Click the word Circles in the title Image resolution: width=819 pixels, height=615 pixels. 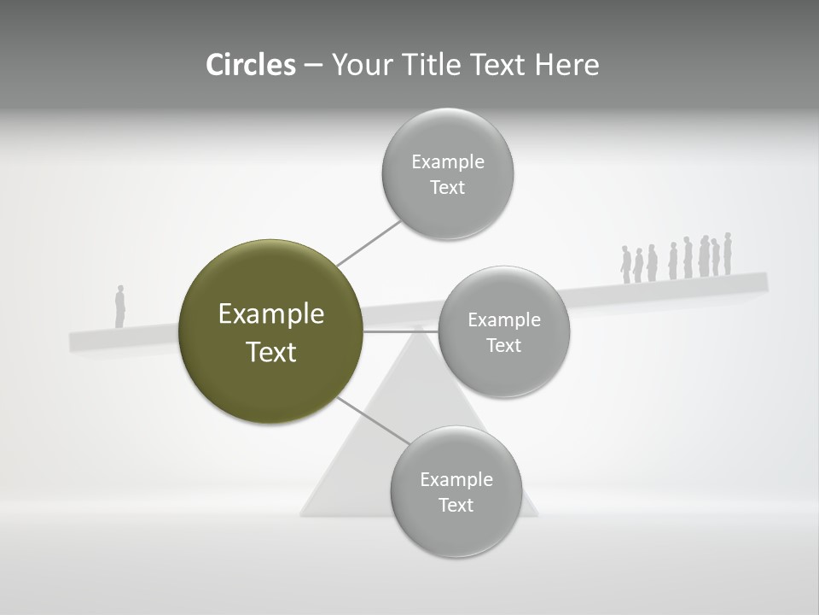(251, 65)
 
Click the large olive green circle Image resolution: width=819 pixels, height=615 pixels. (270, 331)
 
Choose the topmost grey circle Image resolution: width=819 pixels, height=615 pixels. (448, 173)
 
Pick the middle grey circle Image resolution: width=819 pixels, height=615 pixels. (504, 331)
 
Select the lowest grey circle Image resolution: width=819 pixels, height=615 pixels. (456, 491)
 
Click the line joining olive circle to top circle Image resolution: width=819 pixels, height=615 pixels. (369, 243)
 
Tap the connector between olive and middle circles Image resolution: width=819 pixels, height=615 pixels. (401, 331)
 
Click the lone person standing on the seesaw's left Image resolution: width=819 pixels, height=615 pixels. (120, 306)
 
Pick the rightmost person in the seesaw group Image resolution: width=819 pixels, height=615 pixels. (728, 254)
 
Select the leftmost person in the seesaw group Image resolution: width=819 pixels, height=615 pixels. (625, 265)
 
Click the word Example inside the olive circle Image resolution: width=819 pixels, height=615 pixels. (270, 314)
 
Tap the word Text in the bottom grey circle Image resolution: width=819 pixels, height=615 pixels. (456, 505)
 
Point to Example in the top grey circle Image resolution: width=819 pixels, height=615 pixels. (448, 161)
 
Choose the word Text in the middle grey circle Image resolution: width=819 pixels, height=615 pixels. (503, 345)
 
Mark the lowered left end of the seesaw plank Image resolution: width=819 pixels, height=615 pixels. (81, 340)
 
